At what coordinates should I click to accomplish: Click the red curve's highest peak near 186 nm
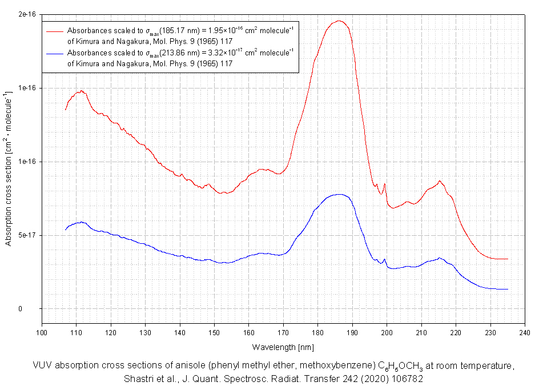(339, 21)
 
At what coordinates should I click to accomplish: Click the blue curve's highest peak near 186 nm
(339, 195)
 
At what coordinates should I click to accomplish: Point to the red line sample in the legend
(55, 30)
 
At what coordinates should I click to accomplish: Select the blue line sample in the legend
(55, 53)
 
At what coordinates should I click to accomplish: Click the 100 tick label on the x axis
(42, 332)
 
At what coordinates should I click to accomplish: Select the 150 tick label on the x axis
(214, 332)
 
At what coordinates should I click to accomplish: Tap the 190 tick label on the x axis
(352, 332)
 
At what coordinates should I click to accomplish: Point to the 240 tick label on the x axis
(525, 332)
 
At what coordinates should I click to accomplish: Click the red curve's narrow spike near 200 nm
(385, 184)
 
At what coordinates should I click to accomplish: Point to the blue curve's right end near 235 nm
(507, 289)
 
